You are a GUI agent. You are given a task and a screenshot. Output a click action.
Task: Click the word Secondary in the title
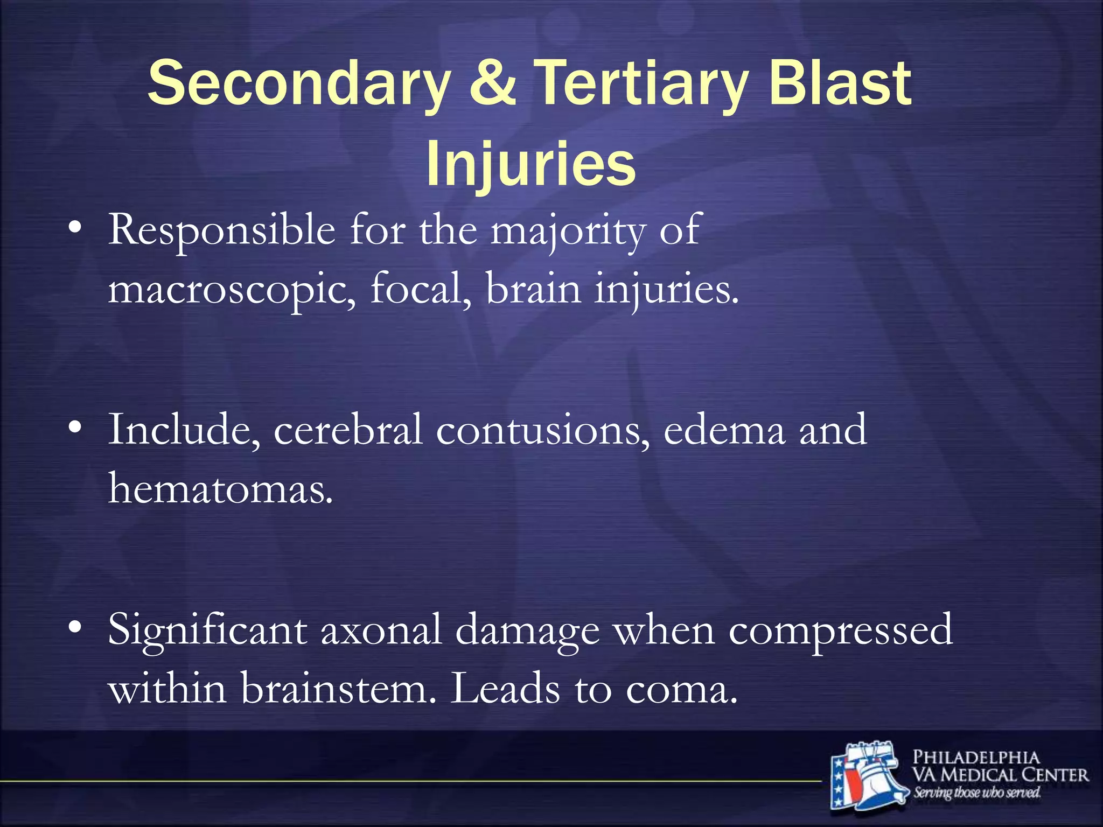[299, 84]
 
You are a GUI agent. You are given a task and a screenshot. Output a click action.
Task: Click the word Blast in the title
[841, 83]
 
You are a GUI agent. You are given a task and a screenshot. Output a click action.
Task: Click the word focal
[420, 289]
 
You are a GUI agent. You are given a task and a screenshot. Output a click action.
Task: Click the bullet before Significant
[75, 627]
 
